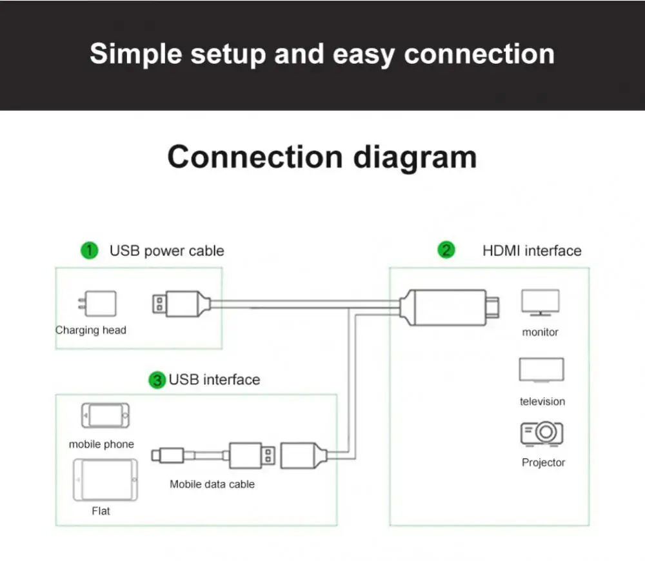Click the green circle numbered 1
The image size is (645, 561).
89,250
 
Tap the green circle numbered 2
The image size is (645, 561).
446,250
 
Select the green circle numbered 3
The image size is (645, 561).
157,380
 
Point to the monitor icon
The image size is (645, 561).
540,303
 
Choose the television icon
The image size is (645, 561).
541,370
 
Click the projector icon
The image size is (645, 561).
542,434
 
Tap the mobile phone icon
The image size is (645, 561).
105,416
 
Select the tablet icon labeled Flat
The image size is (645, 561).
105,480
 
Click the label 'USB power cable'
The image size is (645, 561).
166,251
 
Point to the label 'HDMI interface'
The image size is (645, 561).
531,251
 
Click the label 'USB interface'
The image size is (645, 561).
214,380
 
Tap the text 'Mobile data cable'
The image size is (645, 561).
212,484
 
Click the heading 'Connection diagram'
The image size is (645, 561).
322,157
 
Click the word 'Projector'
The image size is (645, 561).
543,462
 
